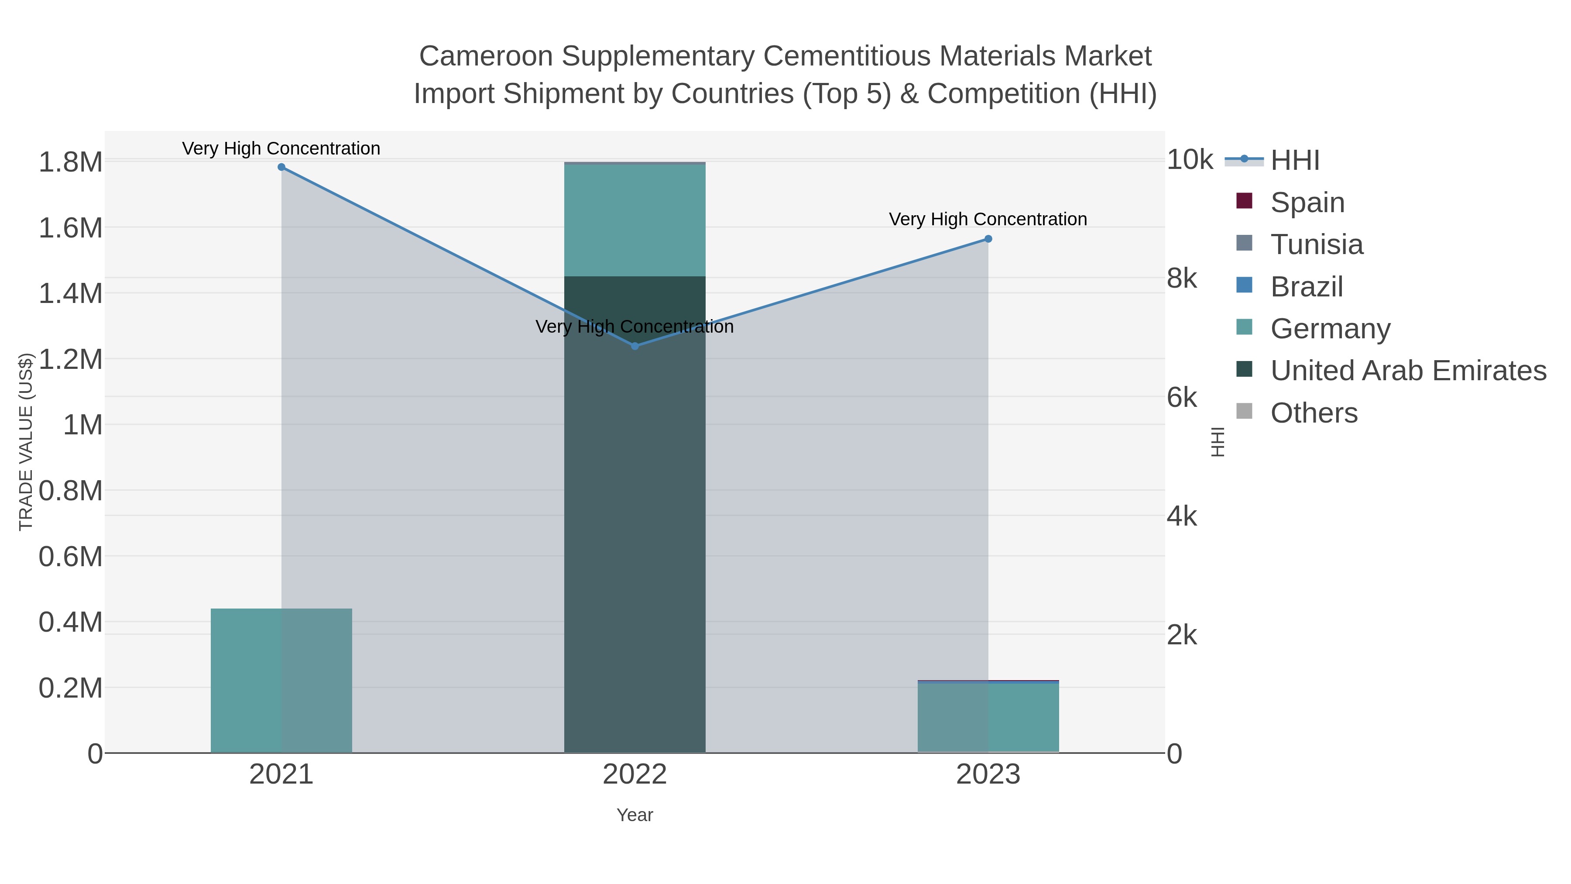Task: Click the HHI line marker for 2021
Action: [281, 167]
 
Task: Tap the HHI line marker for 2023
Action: [988, 239]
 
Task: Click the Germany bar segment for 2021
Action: [281, 680]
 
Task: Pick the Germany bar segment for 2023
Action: [988, 717]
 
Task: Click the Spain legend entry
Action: [1307, 202]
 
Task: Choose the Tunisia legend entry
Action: [1316, 244]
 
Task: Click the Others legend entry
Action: [1314, 413]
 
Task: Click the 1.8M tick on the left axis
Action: [71, 162]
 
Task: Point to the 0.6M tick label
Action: [71, 557]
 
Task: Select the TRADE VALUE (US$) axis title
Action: [26, 442]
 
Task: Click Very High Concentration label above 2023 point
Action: [988, 219]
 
